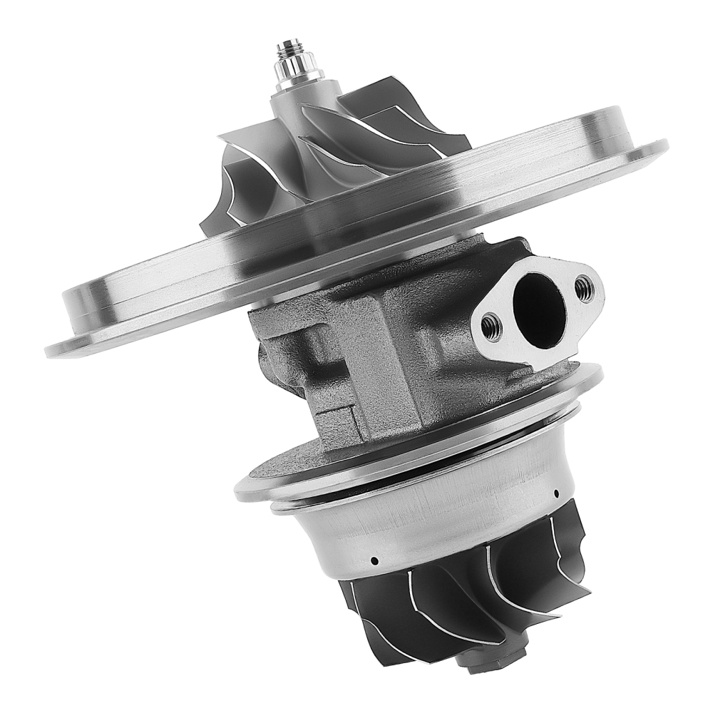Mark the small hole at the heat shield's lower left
pyautogui.click(x=373, y=560)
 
